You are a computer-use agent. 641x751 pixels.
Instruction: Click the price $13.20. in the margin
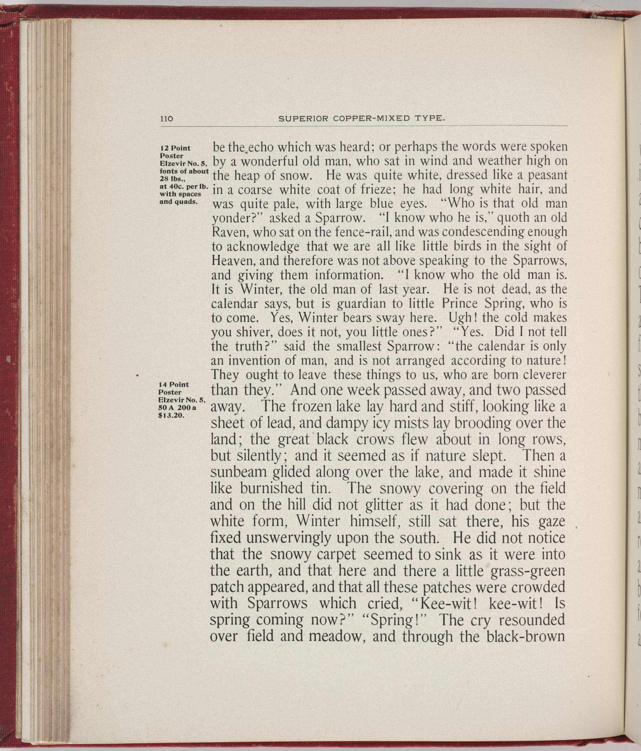172,416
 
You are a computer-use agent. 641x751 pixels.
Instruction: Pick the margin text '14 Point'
174,385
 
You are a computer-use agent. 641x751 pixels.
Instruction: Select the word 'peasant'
547,176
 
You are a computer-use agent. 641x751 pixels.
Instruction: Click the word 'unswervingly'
288,538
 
